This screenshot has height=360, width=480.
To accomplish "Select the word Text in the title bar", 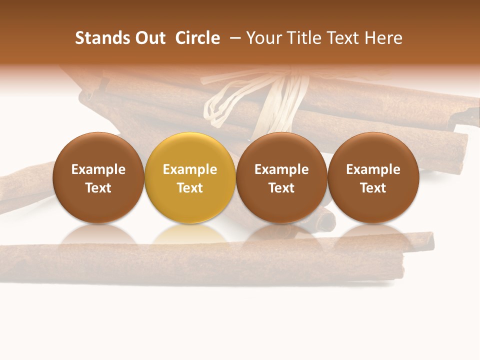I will point(345,38).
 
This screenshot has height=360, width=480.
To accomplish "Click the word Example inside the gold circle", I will point(190,169).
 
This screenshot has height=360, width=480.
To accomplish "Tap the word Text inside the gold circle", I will point(190,188).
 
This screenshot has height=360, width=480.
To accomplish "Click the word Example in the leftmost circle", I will point(98,169).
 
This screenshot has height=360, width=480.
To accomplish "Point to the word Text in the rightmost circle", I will point(373,188).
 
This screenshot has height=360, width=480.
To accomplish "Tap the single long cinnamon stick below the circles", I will point(200,262).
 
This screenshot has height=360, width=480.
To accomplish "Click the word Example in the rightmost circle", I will point(373,169).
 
